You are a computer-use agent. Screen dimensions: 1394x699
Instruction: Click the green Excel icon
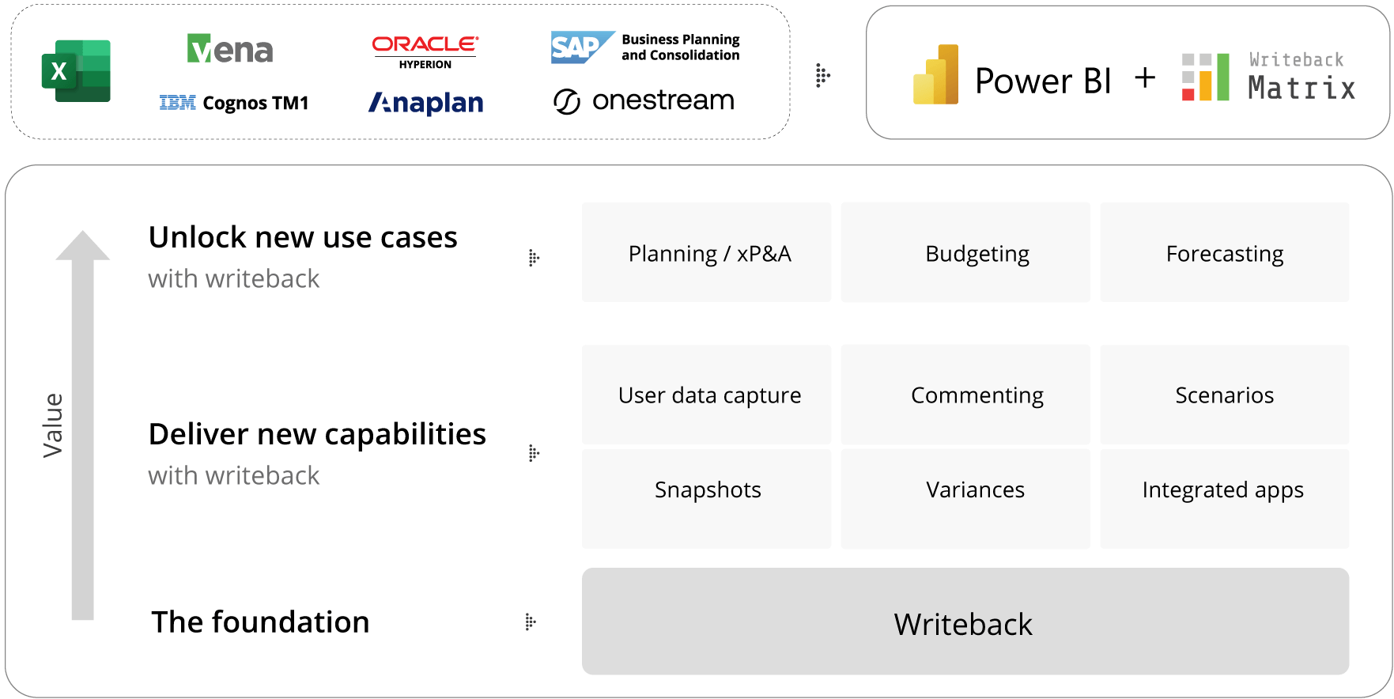pyautogui.click(x=76, y=71)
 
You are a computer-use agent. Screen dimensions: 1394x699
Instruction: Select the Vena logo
pyautogui.click(x=230, y=49)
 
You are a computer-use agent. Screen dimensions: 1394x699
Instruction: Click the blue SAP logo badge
pyautogui.click(x=583, y=47)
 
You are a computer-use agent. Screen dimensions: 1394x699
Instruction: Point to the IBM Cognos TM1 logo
pyautogui.click(x=234, y=103)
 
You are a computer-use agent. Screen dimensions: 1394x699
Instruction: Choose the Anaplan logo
pyautogui.click(x=426, y=103)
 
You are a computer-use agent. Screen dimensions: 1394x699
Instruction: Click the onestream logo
pyautogui.click(x=644, y=100)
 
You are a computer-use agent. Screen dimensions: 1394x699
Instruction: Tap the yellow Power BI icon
pyautogui.click(x=936, y=74)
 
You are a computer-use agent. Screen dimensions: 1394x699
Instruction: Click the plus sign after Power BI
pyautogui.click(x=1145, y=77)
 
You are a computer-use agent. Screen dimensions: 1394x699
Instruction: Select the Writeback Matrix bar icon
pyautogui.click(x=1206, y=77)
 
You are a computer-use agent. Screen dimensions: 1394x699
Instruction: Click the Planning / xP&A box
pyautogui.click(x=707, y=252)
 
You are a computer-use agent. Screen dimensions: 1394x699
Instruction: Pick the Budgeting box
pyautogui.click(x=965, y=252)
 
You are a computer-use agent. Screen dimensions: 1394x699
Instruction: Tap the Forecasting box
pyautogui.click(x=1225, y=252)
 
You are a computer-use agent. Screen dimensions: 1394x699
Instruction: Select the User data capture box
pyautogui.click(x=707, y=394)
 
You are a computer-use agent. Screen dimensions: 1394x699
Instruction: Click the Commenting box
pyautogui.click(x=965, y=394)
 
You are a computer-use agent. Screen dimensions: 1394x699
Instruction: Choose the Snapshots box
pyautogui.click(x=707, y=499)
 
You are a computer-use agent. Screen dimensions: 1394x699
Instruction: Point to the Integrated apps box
pyautogui.click(x=1225, y=499)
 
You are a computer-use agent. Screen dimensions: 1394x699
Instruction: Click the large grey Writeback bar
pyautogui.click(x=965, y=622)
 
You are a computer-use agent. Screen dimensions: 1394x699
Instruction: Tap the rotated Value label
pyautogui.click(x=53, y=425)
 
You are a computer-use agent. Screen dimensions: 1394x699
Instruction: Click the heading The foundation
pyautogui.click(x=260, y=622)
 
